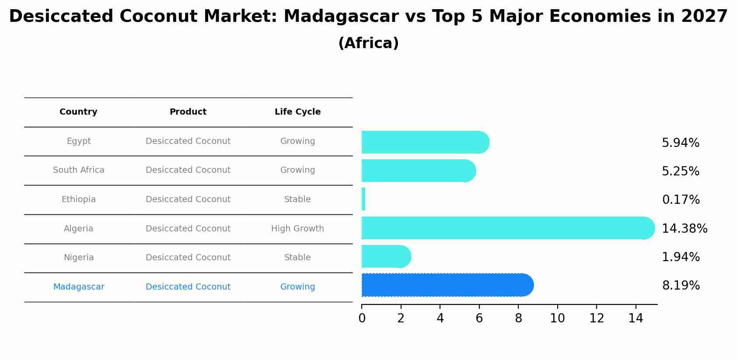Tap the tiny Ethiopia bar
coord(363,199)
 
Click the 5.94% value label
coord(680,143)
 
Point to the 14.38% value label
coord(684,228)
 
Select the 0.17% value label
coord(681,200)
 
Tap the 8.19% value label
coord(681,286)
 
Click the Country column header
coord(78,112)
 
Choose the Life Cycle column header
coord(297,112)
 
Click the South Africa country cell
coord(79,170)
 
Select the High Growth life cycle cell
coord(297,229)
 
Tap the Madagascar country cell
coord(79,287)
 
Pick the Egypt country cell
coord(79,141)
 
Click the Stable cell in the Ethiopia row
coord(297,199)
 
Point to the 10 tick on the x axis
coord(557,318)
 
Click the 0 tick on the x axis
coord(362,318)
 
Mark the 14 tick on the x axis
coord(636,318)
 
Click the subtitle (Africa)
coord(368,43)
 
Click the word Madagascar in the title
coord(341,17)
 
